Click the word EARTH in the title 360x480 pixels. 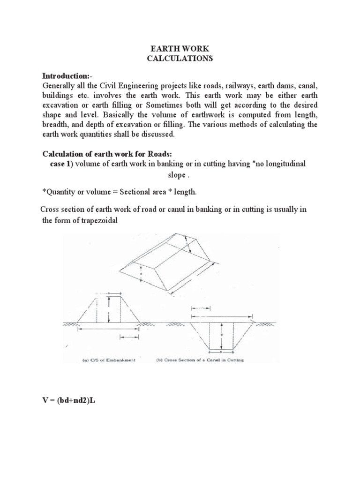(x=160, y=48)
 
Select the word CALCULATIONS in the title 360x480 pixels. (x=180, y=59)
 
